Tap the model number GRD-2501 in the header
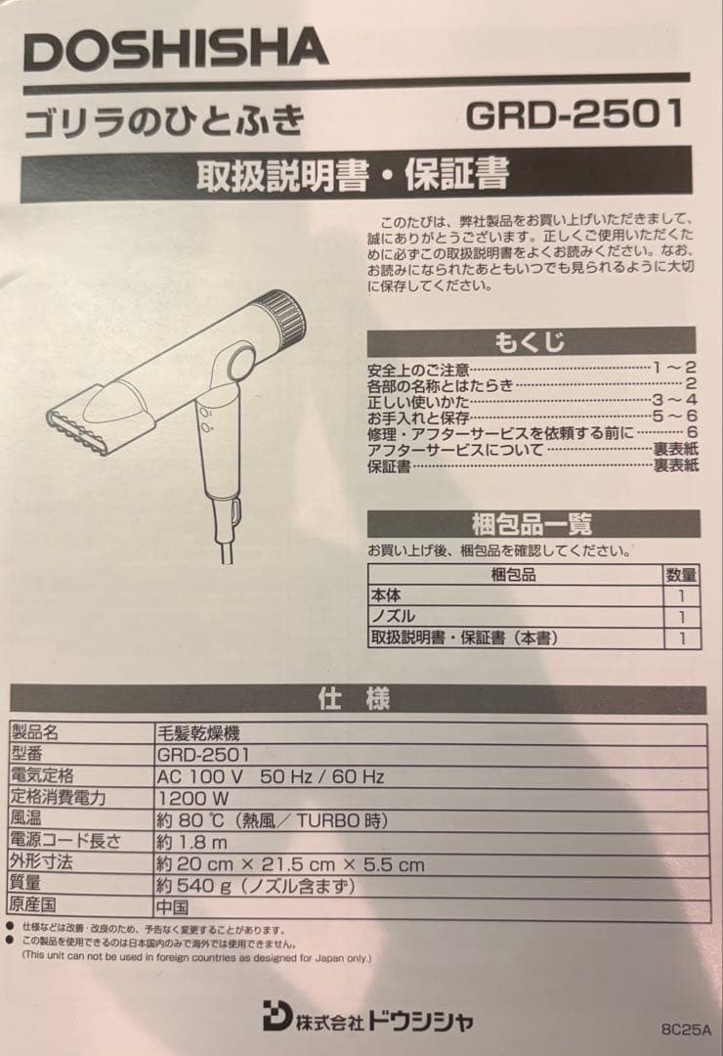click(574, 114)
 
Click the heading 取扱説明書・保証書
click(353, 174)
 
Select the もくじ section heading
click(530, 342)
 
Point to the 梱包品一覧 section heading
click(532, 523)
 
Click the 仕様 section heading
click(354, 698)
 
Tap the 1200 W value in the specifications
click(193, 799)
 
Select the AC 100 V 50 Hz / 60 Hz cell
click(271, 776)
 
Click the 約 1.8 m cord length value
click(191, 842)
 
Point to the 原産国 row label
click(33, 904)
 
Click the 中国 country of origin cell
click(172, 907)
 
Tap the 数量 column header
click(681, 575)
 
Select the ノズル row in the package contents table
click(393, 616)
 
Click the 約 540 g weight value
click(255, 886)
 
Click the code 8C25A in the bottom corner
click(686, 1030)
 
